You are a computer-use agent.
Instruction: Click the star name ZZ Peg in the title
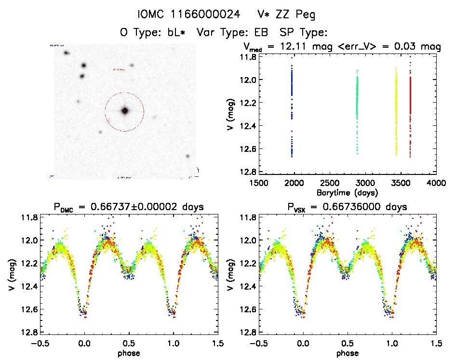pyautogui.click(x=296, y=15)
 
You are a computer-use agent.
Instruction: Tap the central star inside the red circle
pyautogui.click(x=124, y=111)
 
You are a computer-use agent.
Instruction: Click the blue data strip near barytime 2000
pyautogui.click(x=292, y=111)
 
